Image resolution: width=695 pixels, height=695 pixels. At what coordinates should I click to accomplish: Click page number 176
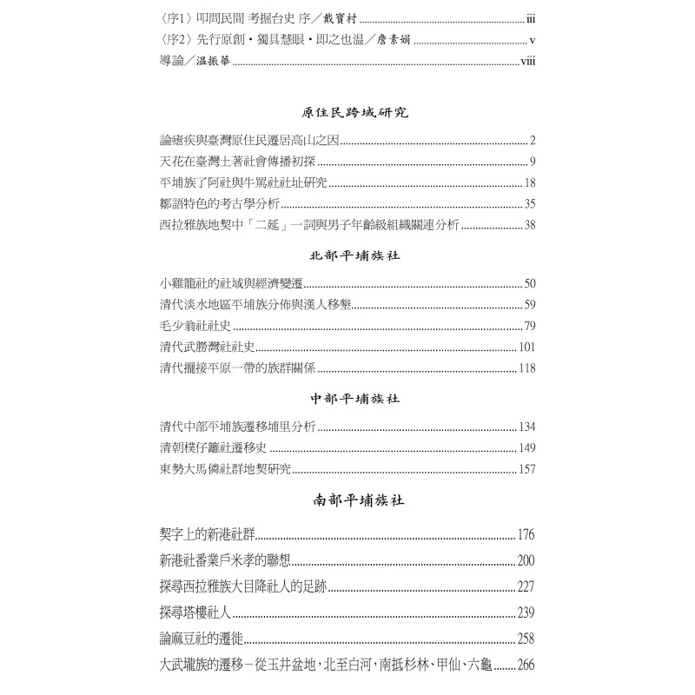(526, 534)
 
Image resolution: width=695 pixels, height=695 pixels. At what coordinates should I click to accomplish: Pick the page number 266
(526, 665)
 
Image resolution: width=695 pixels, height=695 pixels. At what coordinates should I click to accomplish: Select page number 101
(526, 347)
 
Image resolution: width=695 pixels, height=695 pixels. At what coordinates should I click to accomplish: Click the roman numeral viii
(527, 61)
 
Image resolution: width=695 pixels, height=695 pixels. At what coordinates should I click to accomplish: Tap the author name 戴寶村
(338, 17)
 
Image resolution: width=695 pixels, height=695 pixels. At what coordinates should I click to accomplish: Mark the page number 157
(526, 469)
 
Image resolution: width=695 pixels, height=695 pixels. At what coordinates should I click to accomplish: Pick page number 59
(530, 305)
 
